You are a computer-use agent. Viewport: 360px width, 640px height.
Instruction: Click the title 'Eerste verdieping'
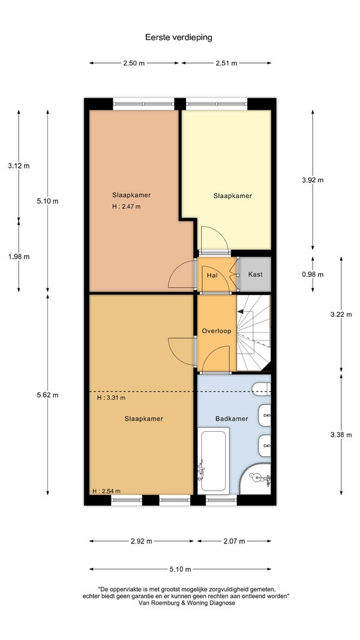179,38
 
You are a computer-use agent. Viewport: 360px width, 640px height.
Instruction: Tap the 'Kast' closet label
255,274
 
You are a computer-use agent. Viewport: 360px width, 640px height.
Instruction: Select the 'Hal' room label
212,275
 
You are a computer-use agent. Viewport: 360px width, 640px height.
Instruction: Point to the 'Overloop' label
217,331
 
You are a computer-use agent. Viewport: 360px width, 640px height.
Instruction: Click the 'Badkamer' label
232,419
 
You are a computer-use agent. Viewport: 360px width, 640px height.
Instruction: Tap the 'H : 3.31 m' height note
111,398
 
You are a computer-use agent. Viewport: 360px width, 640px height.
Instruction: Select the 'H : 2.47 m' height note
126,206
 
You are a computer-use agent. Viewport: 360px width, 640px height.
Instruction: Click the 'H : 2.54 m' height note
106,491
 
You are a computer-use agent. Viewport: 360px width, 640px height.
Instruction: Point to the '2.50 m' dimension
134,63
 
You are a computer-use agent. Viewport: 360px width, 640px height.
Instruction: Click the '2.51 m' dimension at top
226,63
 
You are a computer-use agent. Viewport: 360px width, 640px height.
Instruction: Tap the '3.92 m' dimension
313,180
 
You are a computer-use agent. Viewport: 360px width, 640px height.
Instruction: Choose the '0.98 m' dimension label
313,275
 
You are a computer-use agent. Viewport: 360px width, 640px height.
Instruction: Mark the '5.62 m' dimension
47,395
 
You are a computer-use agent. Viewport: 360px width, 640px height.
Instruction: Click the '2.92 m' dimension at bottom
141,541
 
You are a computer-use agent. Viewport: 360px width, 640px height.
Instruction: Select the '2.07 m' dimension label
234,541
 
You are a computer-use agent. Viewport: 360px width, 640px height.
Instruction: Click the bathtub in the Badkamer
212,461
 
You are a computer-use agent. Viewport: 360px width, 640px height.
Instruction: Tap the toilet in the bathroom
261,389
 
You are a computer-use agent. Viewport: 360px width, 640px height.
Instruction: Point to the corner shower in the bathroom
255,479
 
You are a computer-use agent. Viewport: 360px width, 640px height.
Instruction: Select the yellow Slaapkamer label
232,196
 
